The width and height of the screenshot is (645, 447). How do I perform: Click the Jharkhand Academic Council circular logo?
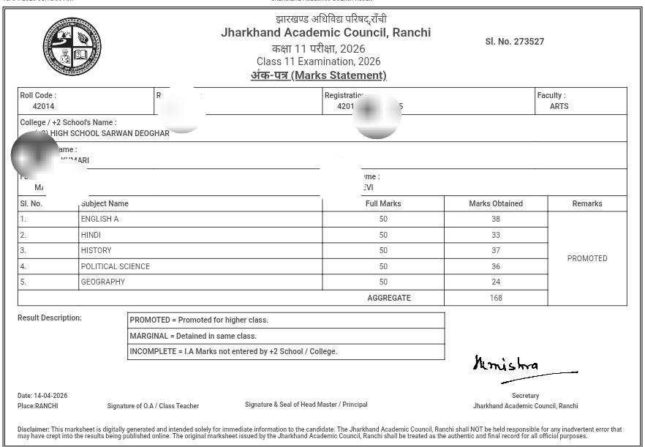[72, 46]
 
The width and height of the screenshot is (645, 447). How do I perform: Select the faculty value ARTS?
[559, 106]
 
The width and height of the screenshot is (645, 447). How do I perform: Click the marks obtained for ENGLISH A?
[496, 219]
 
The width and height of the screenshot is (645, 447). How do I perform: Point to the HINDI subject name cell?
[91, 235]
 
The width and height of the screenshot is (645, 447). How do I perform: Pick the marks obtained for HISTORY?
[496, 250]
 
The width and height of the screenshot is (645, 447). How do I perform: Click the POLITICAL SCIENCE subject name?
[115, 266]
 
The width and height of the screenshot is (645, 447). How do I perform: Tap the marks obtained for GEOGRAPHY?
[496, 282]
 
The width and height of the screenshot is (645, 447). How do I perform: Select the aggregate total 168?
[496, 298]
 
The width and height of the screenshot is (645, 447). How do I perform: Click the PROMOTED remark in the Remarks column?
[587, 258]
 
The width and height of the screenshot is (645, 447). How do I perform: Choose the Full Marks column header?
[383, 203]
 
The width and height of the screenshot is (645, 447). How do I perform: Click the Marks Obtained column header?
[496, 203]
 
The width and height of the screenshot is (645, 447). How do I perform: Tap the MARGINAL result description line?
[193, 336]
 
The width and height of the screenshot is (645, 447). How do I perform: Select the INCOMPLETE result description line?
[233, 351]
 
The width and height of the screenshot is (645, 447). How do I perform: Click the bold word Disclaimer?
[34, 429]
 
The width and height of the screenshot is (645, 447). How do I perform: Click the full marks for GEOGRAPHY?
[383, 282]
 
